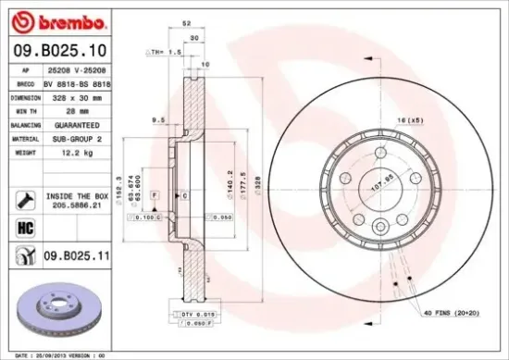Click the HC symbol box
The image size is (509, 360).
(x=24, y=226)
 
